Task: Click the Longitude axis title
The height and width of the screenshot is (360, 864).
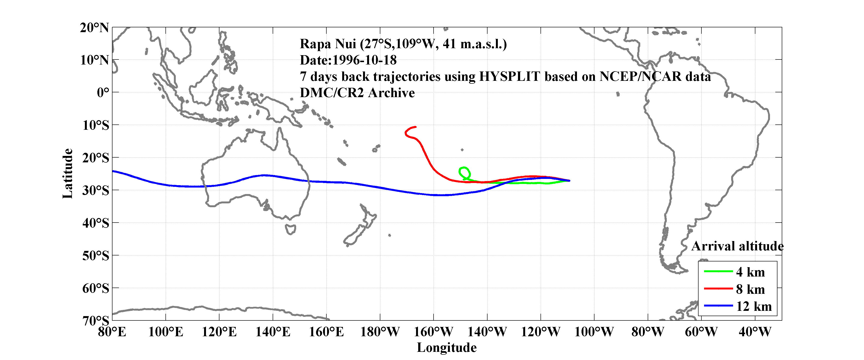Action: coord(447,348)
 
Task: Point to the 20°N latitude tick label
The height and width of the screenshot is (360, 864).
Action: coord(94,28)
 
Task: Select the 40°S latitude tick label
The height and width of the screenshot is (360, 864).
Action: coord(96,223)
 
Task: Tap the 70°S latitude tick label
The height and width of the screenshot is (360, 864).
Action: coord(96,320)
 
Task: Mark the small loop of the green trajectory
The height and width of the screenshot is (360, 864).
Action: coord(464,173)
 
